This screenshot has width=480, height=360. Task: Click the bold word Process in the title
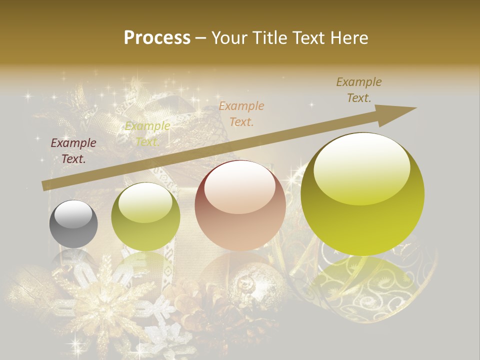[x=157, y=38]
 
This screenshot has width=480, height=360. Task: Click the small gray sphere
[x=73, y=224]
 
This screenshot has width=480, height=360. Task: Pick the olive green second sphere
[x=145, y=216]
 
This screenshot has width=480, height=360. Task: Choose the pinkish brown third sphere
[x=240, y=205]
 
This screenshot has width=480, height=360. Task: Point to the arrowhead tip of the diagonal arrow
[x=416, y=108]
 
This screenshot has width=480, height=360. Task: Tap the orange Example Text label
[x=241, y=113]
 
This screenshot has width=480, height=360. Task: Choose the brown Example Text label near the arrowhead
[x=359, y=90]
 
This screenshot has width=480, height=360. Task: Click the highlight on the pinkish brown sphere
[x=240, y=188]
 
